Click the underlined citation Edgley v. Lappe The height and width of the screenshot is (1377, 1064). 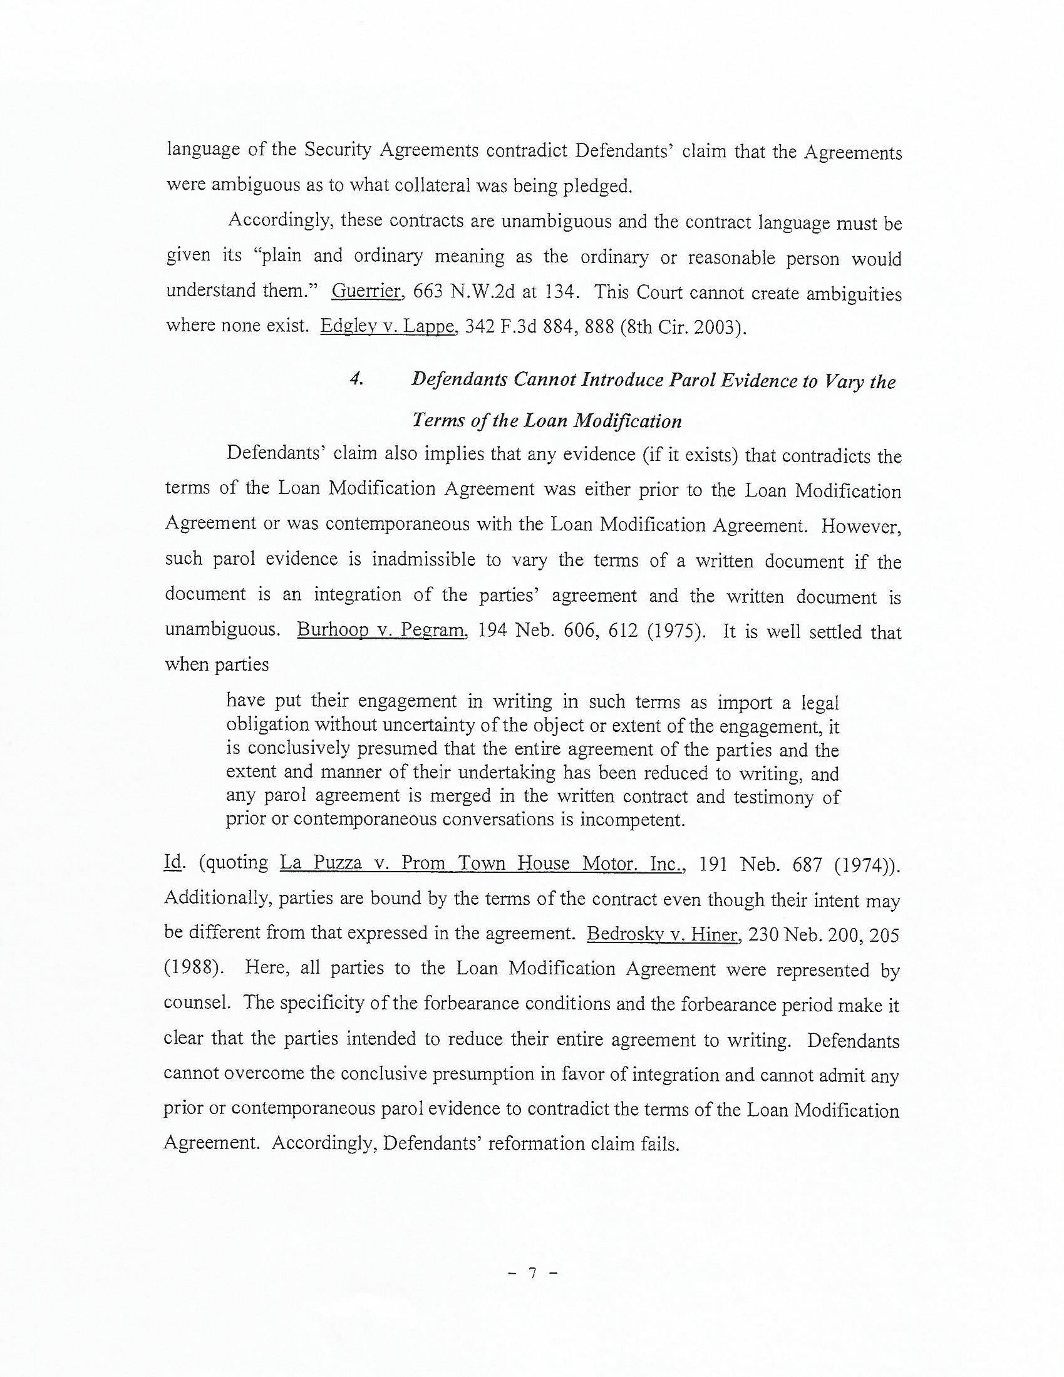point(388,326)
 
